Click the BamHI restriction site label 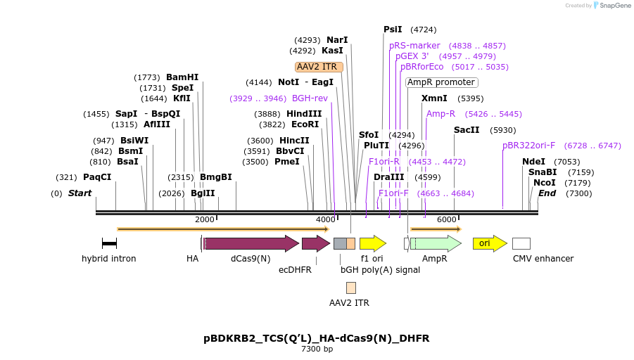[182, 77]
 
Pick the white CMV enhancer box [521, 243]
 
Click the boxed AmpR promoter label [441, 82]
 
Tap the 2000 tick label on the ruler [205, 219]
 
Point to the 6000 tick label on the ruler [447, 219]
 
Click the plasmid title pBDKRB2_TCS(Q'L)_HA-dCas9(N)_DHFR [317, 338]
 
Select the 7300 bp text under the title [317, 349]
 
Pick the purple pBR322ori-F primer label [528, 146]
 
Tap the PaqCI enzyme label [97, 177]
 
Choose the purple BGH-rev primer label [310, 98]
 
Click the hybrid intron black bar [109, 243]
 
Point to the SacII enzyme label [467, 130]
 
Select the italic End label [547, 193]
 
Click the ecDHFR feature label [295, 269]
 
